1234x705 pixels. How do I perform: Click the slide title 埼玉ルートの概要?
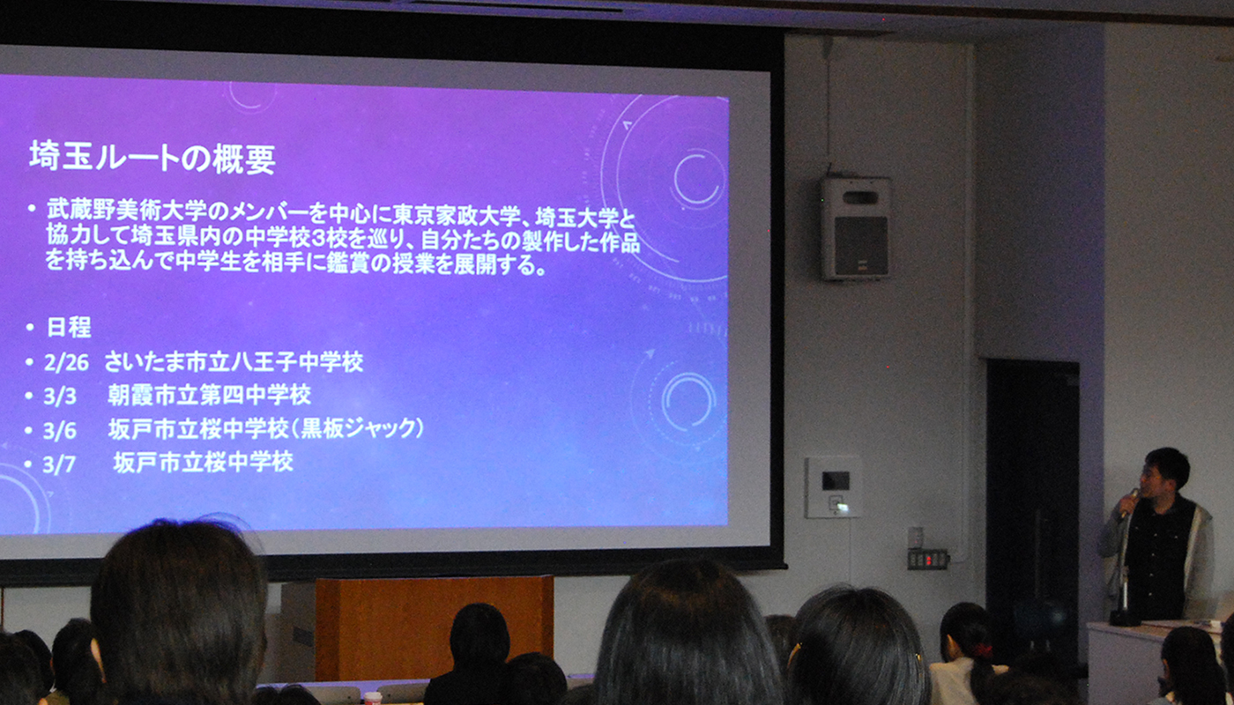point(152,159)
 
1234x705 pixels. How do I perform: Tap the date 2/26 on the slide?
point(66,363)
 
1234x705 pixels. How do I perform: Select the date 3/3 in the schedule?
point(60,397)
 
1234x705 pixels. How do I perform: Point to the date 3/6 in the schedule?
point(60,431)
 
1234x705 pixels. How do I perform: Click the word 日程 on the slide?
point(69,328)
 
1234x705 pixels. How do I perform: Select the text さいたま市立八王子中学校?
point(234,362)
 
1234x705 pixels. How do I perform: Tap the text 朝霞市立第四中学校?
point(210,396)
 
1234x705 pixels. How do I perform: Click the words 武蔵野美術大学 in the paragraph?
point(127,210)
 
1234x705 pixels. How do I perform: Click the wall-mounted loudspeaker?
point(856,228)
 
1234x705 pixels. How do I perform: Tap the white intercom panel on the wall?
point(833,487)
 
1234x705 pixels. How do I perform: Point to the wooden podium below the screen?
point(434,627)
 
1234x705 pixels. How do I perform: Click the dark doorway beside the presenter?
point(1032,495)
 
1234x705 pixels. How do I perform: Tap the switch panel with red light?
point(928,560)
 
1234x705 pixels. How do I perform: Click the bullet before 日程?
point(30,328)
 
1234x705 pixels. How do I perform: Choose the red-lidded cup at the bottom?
point(373,698)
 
